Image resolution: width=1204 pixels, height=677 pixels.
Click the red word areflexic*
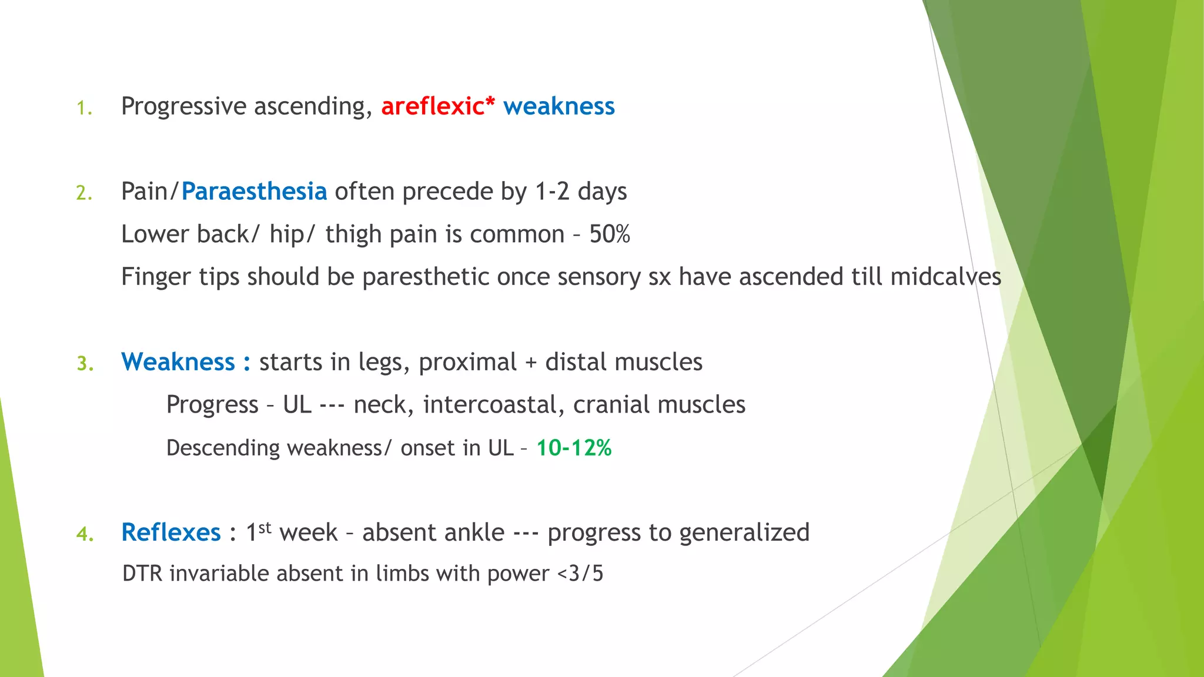[x=438, y=106]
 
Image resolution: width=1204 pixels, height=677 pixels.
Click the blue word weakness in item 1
[x=558, y=106]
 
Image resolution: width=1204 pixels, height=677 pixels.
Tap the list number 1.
[x=84, y=108]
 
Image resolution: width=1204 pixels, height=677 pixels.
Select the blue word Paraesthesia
[x=254, y=192]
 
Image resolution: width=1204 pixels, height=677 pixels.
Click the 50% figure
[x=610, y=234]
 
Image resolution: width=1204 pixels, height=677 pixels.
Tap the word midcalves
[x=945, y=277]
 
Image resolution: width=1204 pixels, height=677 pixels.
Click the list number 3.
[x=85, y=364]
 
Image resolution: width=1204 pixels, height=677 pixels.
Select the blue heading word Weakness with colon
[x=186, y=362]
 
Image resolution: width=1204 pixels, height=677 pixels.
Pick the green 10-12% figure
[x=574, y=448]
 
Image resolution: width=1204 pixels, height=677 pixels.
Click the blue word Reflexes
[x=171, y=532]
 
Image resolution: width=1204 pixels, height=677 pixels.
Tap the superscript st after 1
[x=265, y=527]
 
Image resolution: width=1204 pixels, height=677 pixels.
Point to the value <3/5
[x=580, y=574]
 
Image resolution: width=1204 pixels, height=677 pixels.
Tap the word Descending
[x=223, y=448]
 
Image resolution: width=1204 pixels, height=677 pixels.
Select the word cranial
[x=611, y=405]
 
